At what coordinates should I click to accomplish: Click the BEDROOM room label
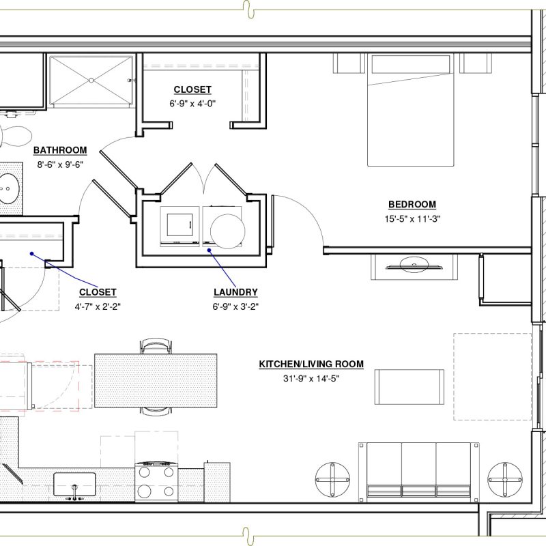tap(412, 204)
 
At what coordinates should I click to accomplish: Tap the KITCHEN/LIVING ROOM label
tap(311, 364)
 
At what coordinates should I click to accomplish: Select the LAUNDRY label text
tap(235, 292)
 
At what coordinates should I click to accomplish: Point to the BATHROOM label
tap(60, 150)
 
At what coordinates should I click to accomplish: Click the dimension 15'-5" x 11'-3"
tap(413, 219)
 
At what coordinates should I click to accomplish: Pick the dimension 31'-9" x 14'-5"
tap(311, 379)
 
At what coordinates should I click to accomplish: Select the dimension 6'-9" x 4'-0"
tap(192, 104)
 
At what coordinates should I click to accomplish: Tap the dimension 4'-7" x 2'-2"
tap(98, 306)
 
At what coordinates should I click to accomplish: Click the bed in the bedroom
tap(411, 110)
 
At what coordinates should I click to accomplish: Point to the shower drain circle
tap(91, 81)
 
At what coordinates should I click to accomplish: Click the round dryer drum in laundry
tap(228, 231)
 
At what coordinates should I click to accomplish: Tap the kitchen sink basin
tap(74, 485)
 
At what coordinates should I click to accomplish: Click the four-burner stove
tap(157, 482)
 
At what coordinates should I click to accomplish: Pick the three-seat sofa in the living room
tap(419, 472)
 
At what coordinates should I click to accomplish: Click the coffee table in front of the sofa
tap(409, 387)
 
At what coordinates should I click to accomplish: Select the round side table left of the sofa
tap(332, 480)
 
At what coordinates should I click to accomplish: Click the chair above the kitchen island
tap(156, 345)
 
